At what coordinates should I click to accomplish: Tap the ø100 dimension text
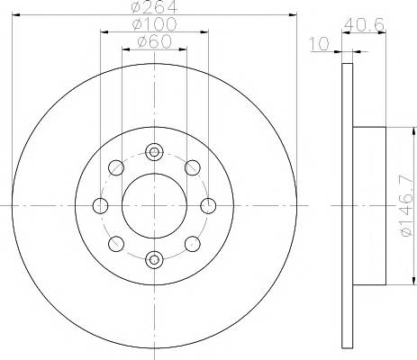(153, 25)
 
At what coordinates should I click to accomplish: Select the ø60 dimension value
(153, 42)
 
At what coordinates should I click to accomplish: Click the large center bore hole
(153, 205)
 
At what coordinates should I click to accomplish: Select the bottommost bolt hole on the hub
(153, 260)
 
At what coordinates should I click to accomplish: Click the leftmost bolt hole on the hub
(99, 206)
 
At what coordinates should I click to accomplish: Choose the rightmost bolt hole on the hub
(208, 205)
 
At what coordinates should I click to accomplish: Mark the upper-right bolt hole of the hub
(192, 167)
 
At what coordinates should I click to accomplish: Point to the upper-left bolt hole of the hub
(115, 167)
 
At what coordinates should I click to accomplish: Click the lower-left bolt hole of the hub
(115, 244)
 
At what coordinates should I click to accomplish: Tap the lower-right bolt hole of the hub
(192, 244)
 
